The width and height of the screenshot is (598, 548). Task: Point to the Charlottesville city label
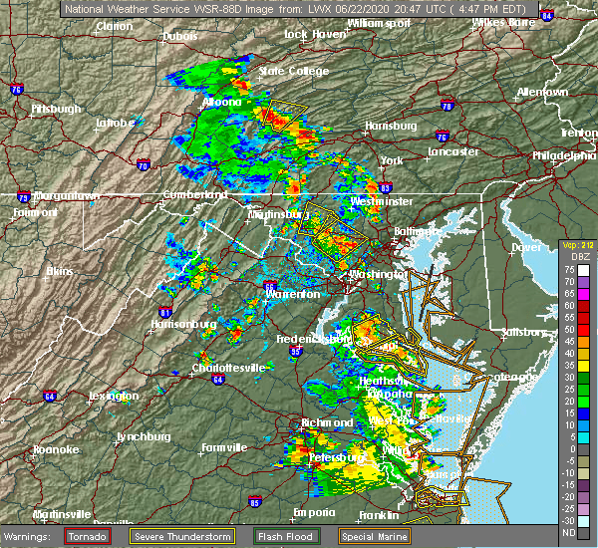(228, 368)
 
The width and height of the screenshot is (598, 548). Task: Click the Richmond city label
(327, 422)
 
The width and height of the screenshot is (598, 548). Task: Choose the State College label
(294, 71)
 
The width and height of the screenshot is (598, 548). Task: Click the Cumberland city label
(189, 194)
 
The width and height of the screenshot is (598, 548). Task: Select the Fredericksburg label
(314, 340)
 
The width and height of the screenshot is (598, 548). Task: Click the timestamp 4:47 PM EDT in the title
(488, 7)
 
